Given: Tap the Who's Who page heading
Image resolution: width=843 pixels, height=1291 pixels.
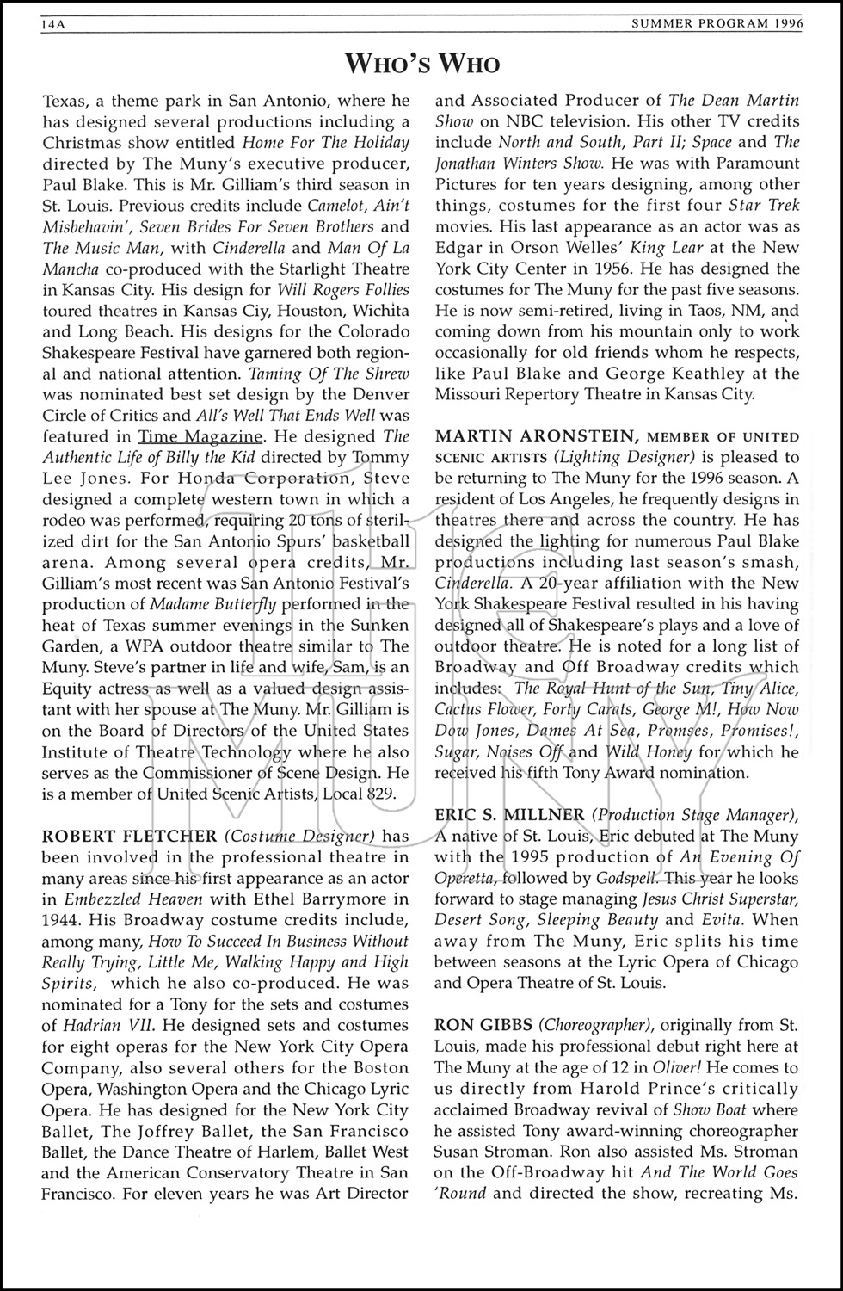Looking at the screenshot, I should (x=421, y=64).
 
